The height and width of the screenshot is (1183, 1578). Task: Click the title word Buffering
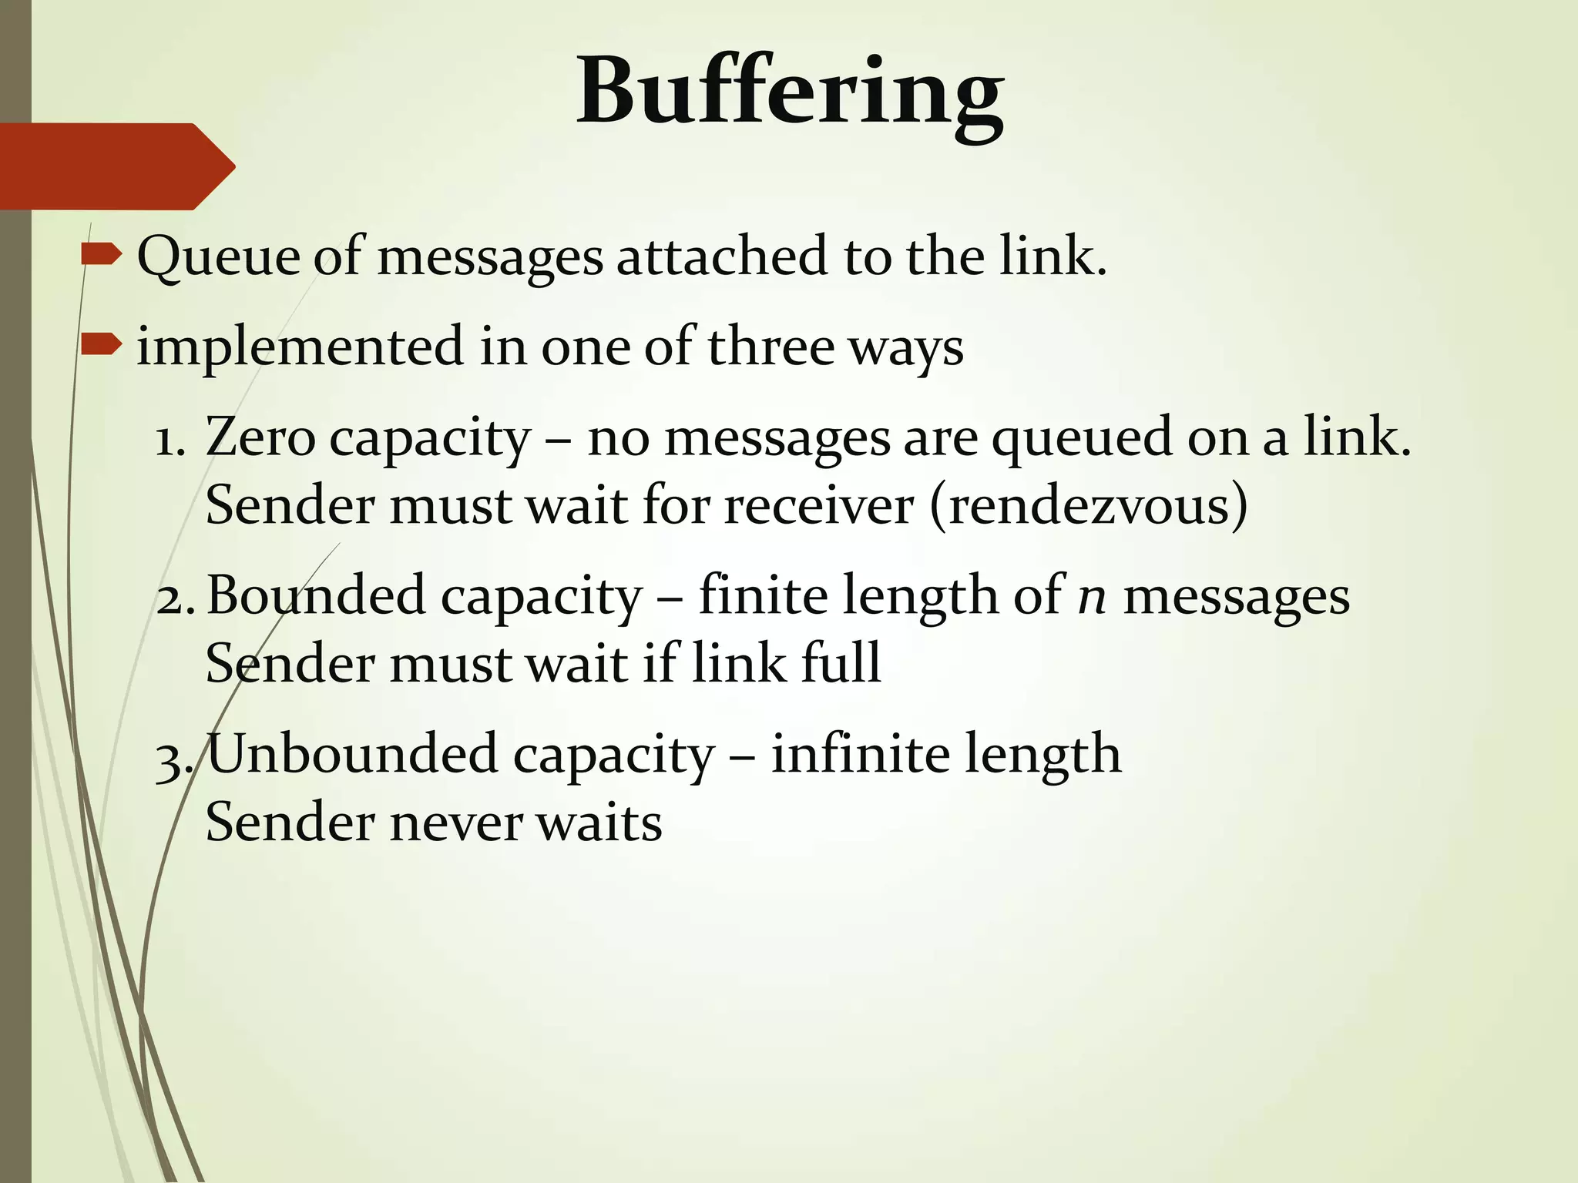pos(790,92)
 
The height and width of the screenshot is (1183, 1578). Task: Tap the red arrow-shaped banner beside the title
pos(116,166)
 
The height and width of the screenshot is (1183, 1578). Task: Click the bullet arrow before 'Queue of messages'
pos(101,253)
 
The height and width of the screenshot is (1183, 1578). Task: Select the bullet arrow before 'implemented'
pos(101,344)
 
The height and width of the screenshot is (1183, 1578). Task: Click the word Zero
pos(260,437)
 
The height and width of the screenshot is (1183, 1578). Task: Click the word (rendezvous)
pos(1089,506)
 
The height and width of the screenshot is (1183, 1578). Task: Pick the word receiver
pos(818,506)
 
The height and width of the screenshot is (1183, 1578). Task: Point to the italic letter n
pos(1092,598)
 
